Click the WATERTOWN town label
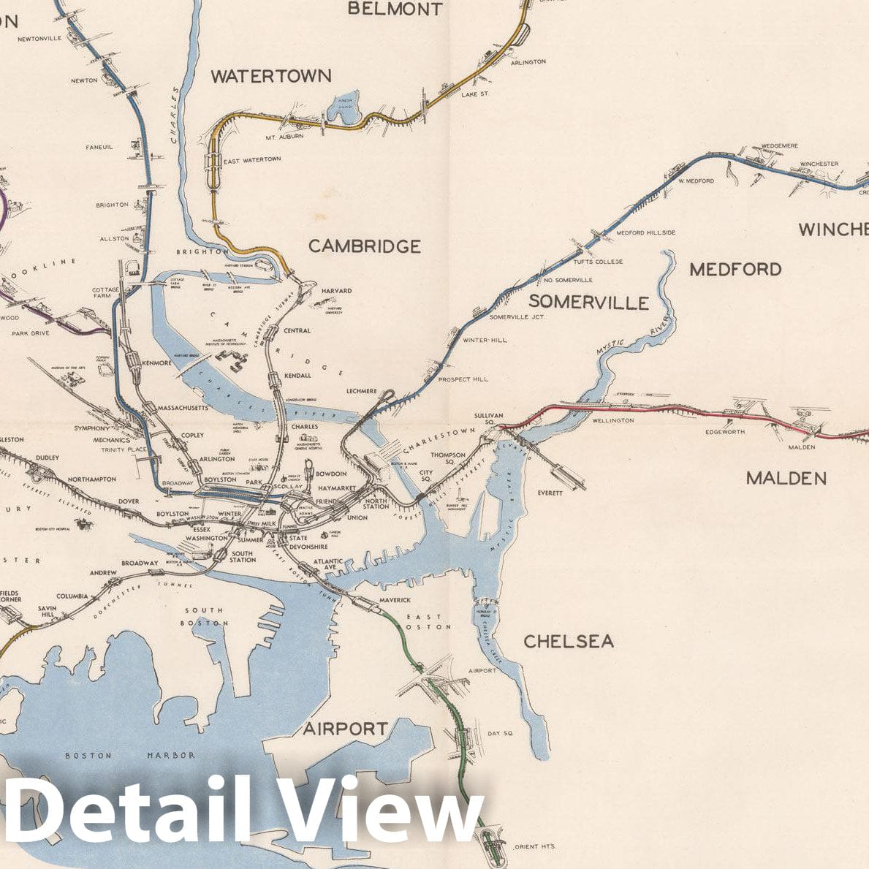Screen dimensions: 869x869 (270, 76)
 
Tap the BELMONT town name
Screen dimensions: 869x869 (395, 9)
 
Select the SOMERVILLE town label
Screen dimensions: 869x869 (588, 303)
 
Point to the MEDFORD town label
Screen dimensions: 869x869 (735, 270)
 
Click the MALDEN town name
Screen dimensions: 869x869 (786, 479)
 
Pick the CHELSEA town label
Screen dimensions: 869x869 (568, 642)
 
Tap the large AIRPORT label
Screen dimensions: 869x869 (346, 729)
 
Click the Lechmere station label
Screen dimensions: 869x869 (362, 391)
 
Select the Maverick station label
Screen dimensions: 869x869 (395, 601)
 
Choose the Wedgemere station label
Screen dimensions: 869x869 (780, 146)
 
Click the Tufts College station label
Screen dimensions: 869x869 (598, 262)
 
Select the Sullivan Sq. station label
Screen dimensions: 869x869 (488, 419)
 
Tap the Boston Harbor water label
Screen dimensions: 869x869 (130, 756)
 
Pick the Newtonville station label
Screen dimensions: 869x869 (39, 39)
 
